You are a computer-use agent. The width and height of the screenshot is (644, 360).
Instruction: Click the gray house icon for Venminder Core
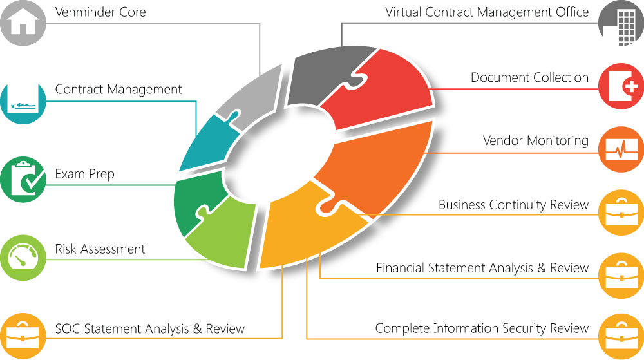click(23, 23)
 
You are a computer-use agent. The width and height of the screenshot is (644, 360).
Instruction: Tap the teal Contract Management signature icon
click(23, 102)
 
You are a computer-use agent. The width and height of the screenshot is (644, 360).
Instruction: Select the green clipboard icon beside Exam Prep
click(23, 178)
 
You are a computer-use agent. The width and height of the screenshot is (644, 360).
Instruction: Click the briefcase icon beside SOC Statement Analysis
click(23, 334)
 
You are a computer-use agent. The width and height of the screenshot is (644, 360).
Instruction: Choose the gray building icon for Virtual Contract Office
click(621, 23)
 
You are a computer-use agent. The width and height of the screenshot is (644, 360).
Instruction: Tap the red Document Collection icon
click(621, 86)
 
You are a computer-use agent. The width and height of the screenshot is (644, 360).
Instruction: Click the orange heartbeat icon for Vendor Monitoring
click(621, 149)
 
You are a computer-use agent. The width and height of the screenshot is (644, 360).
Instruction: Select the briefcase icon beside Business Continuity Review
click(621, 212)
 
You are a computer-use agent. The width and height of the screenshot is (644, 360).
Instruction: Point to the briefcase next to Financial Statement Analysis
click(621, 275)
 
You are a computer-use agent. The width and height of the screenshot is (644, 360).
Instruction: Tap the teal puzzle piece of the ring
click(206, 142)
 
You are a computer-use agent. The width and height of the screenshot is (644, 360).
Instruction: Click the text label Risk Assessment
click(100, 249)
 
